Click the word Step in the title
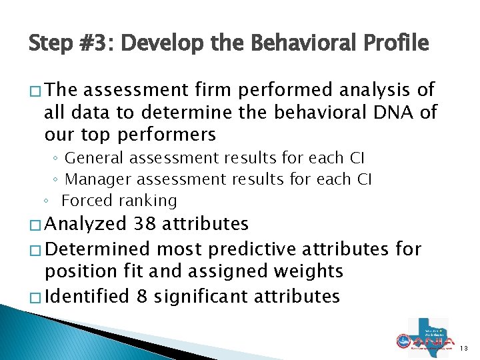(51, 43)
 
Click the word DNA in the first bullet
(396, 111)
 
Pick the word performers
(166, 134)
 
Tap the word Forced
(85, 201)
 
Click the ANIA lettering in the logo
(431, 341)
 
